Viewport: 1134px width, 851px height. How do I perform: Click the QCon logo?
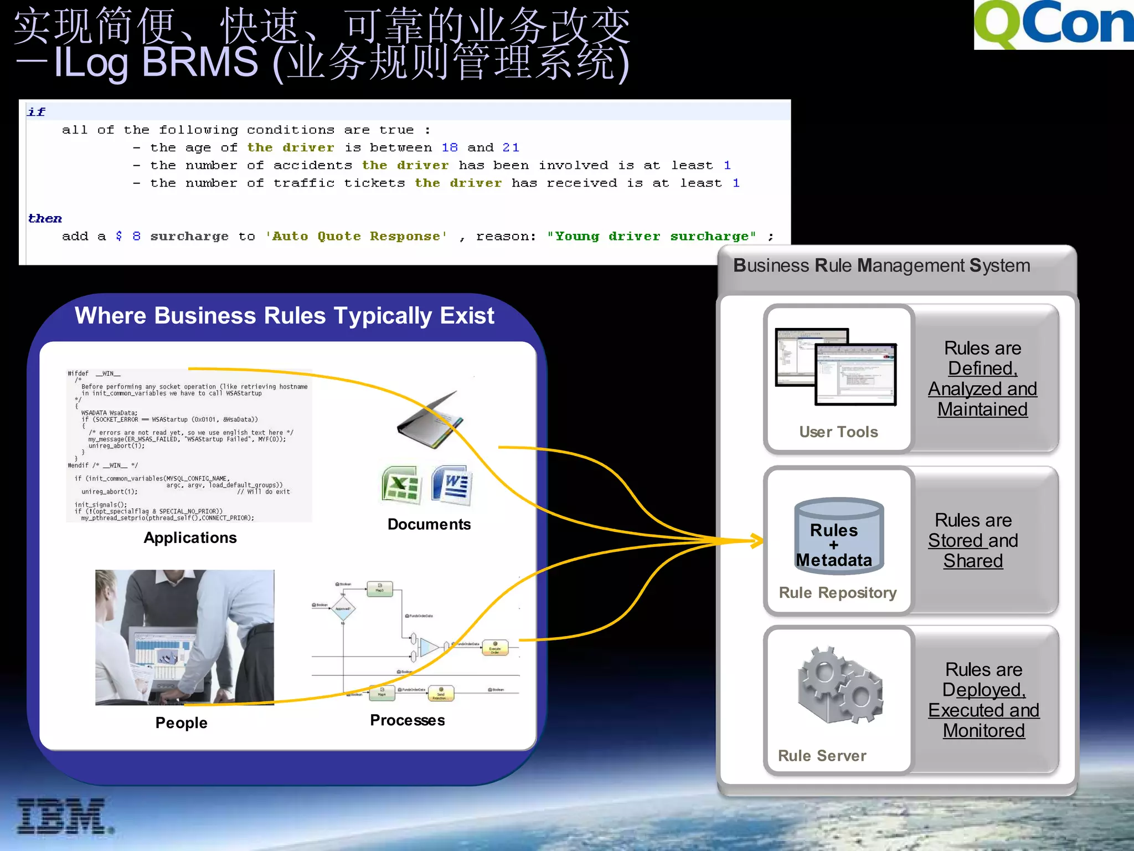[x=1053, y=24]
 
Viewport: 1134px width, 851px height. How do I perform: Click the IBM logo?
[x=62, y=816]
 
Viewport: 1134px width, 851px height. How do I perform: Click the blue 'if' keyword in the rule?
[x=37, y=112]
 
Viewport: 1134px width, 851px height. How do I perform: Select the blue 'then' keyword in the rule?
[x=45, y=218]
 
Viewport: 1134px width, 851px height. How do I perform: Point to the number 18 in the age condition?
[x=449, y=147]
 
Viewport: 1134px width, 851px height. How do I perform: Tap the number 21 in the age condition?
[x=511, y=147]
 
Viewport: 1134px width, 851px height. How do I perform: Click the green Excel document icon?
[x=401, y=485]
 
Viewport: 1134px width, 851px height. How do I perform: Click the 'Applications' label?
[x=190, y=537]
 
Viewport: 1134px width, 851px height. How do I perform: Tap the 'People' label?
[x=181, y=722]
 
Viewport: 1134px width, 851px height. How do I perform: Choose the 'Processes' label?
[x=407, y=720]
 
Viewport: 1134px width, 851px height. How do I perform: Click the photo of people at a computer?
[x=184, y=637]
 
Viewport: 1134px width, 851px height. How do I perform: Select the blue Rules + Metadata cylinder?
[x=838, y=536]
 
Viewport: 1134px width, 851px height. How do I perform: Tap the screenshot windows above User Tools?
[x=836, y=366]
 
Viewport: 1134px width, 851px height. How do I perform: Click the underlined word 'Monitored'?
[x=983, y=731]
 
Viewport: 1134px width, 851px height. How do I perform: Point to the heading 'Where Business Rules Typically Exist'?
[x=284, y=316]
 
